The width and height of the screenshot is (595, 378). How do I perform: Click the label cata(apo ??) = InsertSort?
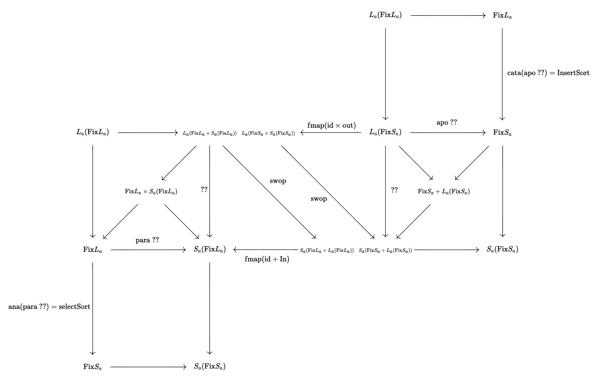[x=548, y=73]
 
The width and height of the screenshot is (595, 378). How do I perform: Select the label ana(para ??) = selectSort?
[x=49, y=307]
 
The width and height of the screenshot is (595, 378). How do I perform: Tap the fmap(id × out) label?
[x=331, y=125]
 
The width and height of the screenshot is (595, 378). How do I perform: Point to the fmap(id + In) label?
[x=267, y=259]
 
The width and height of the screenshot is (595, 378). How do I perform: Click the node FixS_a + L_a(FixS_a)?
[x=444, y=192]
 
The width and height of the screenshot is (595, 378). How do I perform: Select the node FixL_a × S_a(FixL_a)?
[x=151, y=192]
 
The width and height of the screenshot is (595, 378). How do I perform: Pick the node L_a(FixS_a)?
[x=385, y=132]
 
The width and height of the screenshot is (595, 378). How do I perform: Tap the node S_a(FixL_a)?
[x=210, y=249]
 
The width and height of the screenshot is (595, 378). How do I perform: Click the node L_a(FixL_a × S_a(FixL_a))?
[x=210, y=133]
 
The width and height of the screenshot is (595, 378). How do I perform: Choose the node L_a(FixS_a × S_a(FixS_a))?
[x=268, y=133]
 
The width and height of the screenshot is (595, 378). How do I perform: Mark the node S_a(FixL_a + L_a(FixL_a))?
[x=327, y=250]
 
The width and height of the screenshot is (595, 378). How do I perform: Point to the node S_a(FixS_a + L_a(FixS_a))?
[x=385, y=250]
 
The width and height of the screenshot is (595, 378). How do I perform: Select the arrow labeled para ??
[x=148, y=250]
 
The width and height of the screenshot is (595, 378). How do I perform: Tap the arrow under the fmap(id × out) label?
[x=331, y=133]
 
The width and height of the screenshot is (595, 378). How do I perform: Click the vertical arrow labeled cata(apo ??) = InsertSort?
[x=502, y=74]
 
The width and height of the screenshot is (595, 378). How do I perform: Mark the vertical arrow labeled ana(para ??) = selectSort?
[x=93, y=308]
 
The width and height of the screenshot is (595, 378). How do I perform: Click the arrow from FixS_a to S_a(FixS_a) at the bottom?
[x=148, y=367]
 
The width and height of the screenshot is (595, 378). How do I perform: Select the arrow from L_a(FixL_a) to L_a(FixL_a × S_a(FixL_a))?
[x=148, y=133]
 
